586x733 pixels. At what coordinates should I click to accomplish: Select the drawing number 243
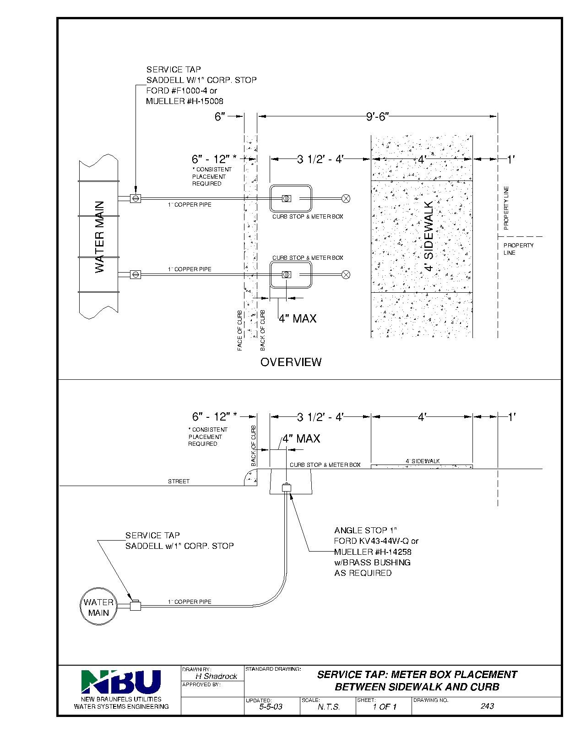coord(487,706)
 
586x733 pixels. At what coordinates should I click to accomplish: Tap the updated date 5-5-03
coord(271,706)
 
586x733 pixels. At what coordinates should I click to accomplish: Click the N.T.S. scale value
coord(329,706)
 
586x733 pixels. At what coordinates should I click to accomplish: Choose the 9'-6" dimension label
coord(377,117)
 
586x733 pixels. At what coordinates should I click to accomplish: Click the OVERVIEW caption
coord(291,362)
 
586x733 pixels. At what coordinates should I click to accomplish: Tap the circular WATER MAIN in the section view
coord(98,607)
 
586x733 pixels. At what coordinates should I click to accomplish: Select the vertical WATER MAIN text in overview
coord(100,237)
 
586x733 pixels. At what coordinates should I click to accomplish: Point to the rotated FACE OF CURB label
coord(240,331)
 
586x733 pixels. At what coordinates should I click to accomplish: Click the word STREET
coord(179,481)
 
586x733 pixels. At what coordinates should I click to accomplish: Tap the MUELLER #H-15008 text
coord(184,101)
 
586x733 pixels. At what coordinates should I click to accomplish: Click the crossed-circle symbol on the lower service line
coord(347,274)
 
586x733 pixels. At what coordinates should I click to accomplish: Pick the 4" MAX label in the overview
coord(298,318)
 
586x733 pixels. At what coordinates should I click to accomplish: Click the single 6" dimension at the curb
coord(220,117)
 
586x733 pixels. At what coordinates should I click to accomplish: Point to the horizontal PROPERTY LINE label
coord(518,249)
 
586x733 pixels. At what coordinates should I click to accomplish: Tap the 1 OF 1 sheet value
coord(385,706)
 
